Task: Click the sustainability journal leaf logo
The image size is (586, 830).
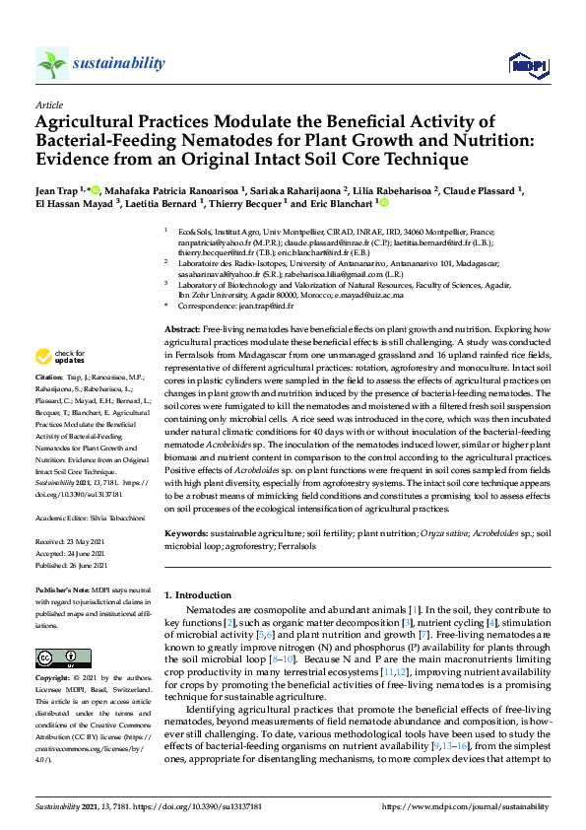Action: pos(52,64)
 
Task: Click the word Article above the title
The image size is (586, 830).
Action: pos(48,104)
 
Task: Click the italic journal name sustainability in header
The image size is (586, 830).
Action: pos(118,64)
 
